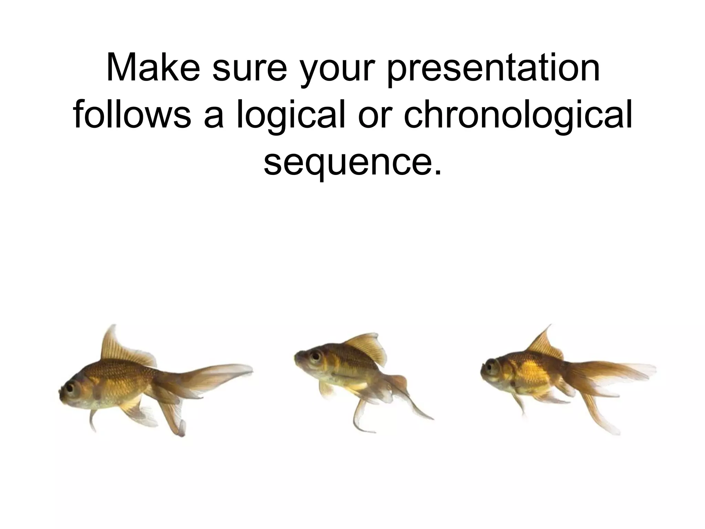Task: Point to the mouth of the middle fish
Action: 296,359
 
